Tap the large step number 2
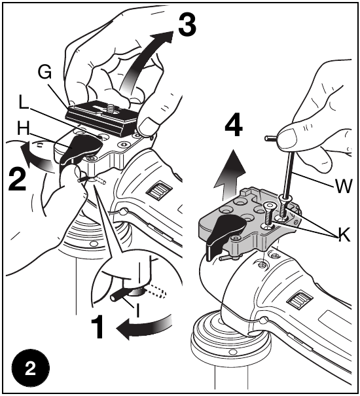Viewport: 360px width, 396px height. coord(19,179)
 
